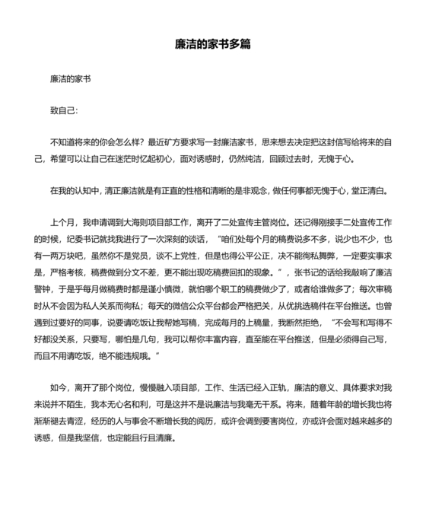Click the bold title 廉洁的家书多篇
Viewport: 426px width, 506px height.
212,45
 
